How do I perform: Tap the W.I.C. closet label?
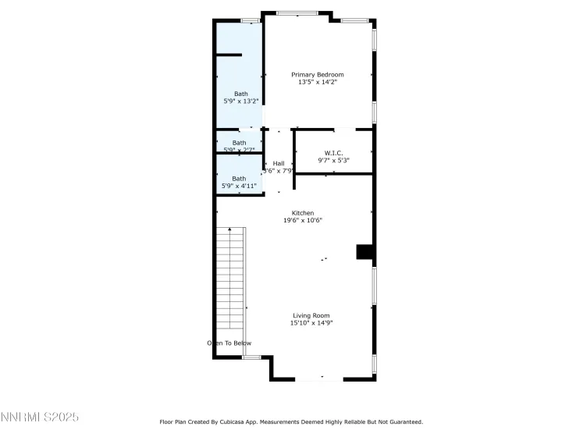[333, 153]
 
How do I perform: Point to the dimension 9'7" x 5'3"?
[333, 161]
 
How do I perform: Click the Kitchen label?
[303, 213]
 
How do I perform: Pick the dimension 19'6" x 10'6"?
[303, 221]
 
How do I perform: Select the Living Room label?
[311, 315]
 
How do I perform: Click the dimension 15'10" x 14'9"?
[311, 323]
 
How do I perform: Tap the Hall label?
[279, 163]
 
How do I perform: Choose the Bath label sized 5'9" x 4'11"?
[239, 178]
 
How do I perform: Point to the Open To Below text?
[229, 343]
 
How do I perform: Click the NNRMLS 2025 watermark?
[40, 417]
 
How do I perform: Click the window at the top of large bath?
[251, 20]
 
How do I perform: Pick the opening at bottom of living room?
[318, 379]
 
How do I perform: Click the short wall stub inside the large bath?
[229, 55]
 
